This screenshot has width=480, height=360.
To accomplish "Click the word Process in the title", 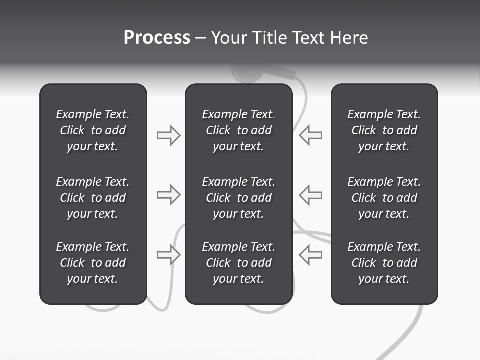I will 157,38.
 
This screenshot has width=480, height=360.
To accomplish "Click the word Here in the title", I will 349,38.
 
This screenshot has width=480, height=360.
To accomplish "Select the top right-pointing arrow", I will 168,135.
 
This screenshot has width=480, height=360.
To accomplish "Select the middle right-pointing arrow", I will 168,195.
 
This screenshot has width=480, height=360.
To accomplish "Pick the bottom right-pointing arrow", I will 168,254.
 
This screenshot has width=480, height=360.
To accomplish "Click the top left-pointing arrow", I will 311,135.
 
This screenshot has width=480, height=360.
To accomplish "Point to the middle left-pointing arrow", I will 311,195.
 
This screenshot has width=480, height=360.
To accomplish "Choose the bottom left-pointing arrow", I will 311,254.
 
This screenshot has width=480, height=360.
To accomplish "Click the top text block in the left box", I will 93,130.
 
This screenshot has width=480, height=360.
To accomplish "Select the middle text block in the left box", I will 93,198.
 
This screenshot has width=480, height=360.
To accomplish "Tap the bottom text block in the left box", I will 93,263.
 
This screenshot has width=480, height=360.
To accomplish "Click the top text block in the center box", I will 238,130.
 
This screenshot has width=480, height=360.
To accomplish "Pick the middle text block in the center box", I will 238,198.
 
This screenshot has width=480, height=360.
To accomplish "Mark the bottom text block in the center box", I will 238,263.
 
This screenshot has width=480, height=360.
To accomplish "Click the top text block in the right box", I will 384,130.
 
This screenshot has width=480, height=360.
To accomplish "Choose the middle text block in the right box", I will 384,198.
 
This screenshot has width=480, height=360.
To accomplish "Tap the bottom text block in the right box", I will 384,263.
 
